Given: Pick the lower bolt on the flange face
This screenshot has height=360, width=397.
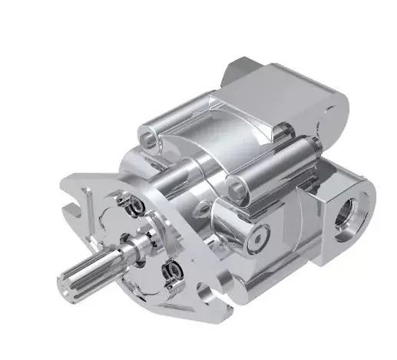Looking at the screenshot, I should [171, 271].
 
